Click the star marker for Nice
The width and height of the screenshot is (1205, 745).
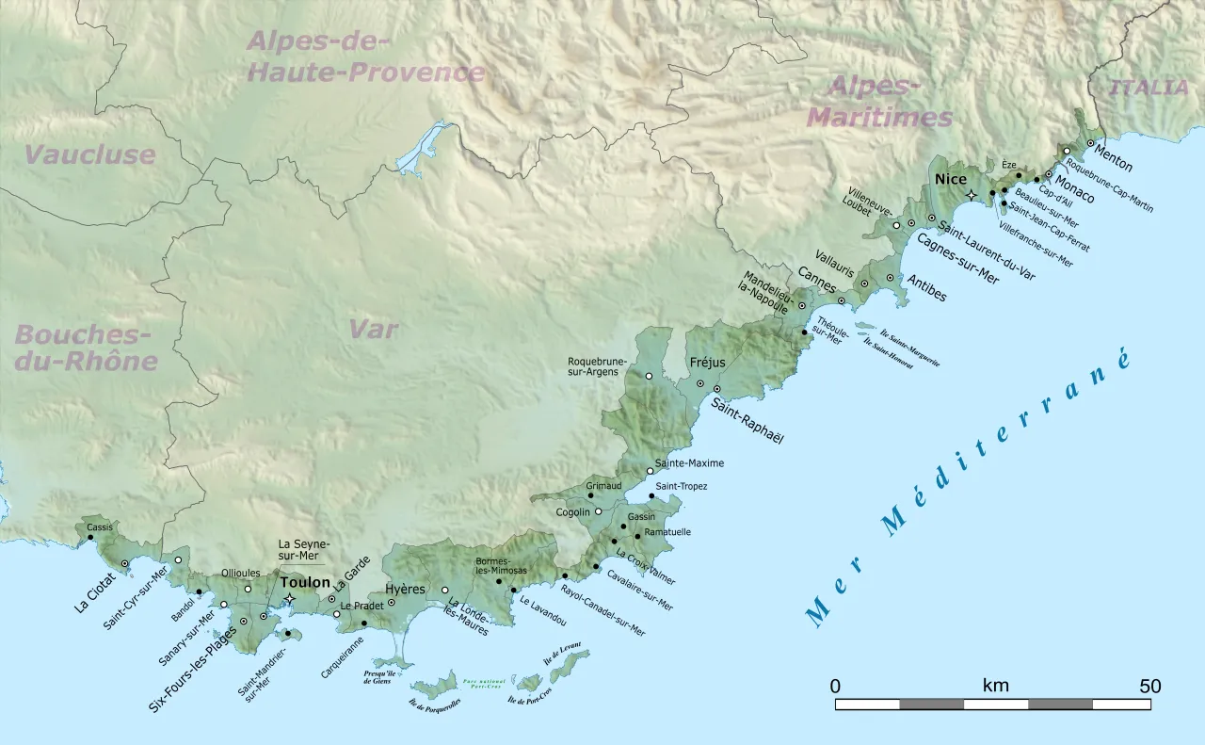(x=972, y=195)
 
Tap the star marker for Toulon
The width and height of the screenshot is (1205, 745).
(x=290, y=599)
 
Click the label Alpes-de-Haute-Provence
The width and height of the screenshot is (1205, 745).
(x=365, y=57)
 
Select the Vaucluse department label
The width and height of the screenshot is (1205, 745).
(x=89, y=155)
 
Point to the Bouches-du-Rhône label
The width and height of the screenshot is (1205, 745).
(x=85, y=348)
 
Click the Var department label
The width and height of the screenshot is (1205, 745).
(x=373, y=330)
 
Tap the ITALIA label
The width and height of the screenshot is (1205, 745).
(x=1149, y=89)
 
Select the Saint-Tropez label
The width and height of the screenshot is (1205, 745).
(x=681, y=486)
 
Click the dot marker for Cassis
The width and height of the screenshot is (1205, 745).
(x=90, y=538)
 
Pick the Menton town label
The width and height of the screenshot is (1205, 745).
(x=1112, y=158)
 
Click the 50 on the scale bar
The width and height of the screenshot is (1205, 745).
(x=1150, y=686)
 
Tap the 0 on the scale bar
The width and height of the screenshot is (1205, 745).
(x=835, y=686)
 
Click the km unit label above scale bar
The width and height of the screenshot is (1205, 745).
(x=995, y=686)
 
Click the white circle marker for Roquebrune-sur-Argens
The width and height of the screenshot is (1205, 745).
(x=649, y=376)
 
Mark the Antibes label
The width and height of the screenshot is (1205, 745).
(x=926, y=288)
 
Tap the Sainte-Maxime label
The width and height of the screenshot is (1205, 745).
(x=689, y=463)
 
